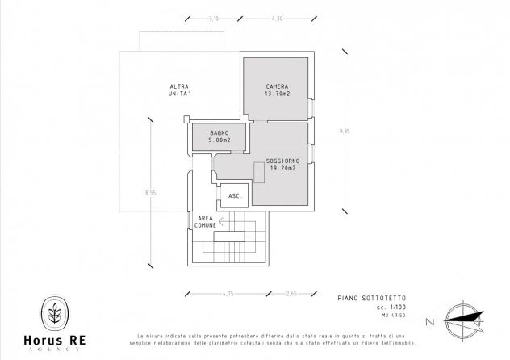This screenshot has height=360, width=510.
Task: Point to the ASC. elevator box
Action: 235,195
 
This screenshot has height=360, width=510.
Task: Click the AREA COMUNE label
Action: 205,222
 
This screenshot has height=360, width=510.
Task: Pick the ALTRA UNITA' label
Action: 179,90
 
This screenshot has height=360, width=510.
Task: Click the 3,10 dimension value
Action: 213,19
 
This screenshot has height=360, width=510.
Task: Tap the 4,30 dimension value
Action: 277,19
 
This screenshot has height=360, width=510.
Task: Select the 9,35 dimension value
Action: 345,132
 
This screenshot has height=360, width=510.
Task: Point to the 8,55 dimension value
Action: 151,193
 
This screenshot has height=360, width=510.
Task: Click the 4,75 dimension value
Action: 228,294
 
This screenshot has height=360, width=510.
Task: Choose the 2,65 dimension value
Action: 291,294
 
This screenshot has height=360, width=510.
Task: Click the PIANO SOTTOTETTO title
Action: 372,298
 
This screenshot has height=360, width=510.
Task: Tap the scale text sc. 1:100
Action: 391,308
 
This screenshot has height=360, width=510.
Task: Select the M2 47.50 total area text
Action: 394,315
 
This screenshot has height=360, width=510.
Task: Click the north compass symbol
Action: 464,320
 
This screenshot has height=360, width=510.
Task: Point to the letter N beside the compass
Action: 430,322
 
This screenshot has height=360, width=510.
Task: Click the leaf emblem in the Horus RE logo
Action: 55,313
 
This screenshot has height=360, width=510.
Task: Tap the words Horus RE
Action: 55,340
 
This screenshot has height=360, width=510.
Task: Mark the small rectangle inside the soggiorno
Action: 259,173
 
